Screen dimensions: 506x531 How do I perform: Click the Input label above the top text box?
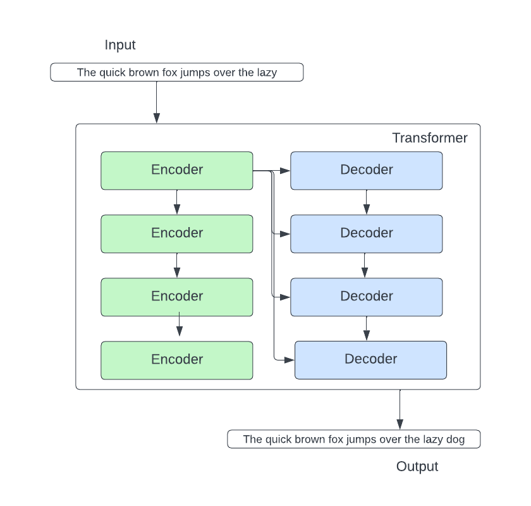coord(120,45)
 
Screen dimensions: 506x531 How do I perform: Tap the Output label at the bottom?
coord(417,467)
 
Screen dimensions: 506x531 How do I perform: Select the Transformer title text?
coord(430,138)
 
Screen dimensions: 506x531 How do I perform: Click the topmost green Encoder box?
coord(177,170)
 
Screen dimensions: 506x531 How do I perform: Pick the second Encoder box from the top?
coord(177,233)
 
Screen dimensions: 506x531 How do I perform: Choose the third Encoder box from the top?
coord(177,297)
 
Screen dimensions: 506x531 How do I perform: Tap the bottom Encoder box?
coord(177,360)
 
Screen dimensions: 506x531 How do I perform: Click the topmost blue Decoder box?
coord(367,170)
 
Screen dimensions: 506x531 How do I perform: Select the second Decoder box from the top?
coord(367,233)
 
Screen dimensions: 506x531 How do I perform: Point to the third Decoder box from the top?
coord(367,297)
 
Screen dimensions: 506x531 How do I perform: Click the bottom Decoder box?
coord(371,360)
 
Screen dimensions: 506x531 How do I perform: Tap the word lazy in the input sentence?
coord(266,73)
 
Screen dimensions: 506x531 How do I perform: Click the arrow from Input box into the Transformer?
coord(156,101)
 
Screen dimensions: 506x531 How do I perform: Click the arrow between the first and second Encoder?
coord(177,202)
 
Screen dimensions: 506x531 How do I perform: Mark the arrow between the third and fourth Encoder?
coord(180,328)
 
